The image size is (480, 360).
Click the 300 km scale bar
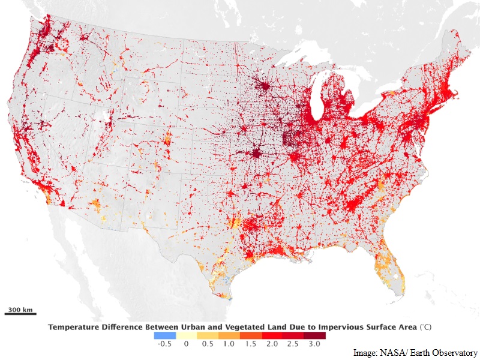[x=20, y=313]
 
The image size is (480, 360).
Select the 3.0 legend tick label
[x=313, y=344]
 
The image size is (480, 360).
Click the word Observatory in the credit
[x=454, y=353]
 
